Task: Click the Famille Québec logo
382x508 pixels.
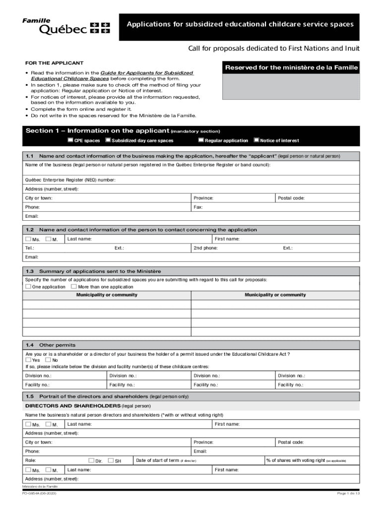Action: click(65, 27)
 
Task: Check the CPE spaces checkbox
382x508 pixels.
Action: click(70, 140)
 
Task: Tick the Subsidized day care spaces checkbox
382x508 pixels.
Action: click(108, 140)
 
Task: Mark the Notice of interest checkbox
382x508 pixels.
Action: click(256, 140)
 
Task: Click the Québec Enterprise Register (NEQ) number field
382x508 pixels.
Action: click(198, 180)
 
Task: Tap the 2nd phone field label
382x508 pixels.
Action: click(205, 248)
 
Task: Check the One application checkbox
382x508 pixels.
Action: click(28, 287)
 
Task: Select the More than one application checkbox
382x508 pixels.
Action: click(73, 287)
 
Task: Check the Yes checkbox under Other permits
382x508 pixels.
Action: click(28, 360)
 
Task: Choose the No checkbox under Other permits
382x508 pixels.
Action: click(48, 360)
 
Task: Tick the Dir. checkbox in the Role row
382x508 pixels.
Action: click(91, 460)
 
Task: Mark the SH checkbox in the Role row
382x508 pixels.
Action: click(110, 460)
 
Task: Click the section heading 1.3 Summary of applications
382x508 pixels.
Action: click(100, 271)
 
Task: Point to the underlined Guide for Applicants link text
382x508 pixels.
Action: click(147, 73)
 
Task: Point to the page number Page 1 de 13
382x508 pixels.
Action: click(348, 493)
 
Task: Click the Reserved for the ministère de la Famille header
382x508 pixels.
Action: click(291, 67)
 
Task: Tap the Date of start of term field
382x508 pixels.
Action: click(198, 460)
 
